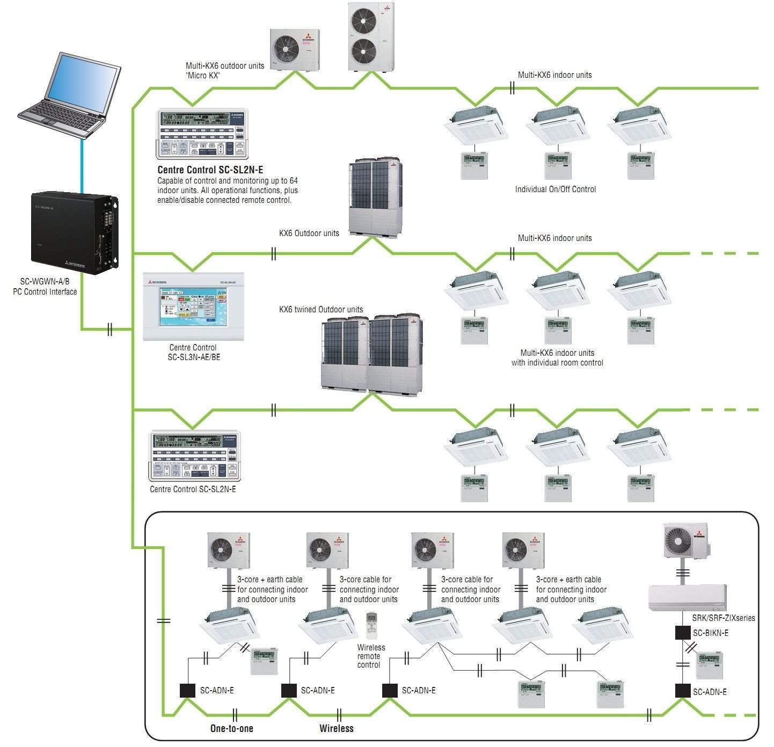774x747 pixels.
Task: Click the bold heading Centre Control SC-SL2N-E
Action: [210, 170]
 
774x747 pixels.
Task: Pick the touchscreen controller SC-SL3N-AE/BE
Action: [194, 306]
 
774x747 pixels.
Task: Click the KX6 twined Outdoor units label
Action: [321, 310]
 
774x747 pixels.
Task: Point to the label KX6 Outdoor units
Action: [309, 233]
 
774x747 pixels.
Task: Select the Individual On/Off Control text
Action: [556, 189]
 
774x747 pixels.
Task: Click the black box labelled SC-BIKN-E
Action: [683, 633]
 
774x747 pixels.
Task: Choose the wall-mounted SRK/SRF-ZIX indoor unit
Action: [687, 597]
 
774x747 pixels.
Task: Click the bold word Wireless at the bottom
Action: [337, 728]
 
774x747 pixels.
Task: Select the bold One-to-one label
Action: [232, 728]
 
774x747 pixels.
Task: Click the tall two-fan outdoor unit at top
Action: [370, 36]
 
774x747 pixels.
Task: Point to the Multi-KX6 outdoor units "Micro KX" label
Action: [225, 70]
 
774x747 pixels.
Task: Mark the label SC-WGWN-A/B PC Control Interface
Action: [45, 287]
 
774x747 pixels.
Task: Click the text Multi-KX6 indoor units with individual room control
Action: [557, 358]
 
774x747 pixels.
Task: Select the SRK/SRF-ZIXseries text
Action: [723, 618]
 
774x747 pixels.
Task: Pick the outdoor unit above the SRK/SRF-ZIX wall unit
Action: [685, 541]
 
